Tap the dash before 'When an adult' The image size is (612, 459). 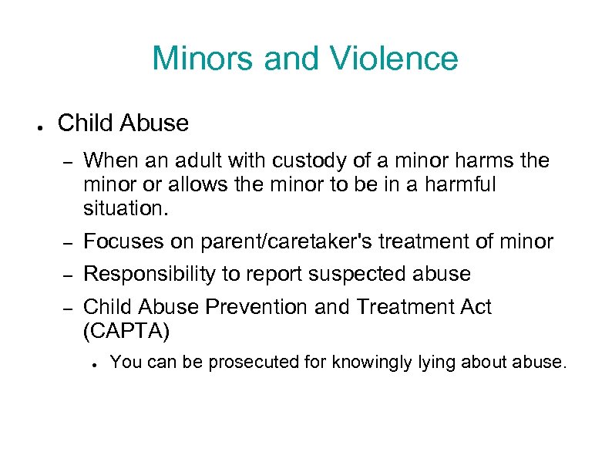[66, 162]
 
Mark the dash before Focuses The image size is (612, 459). [66, 243]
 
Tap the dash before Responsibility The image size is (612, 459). [66, 275]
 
